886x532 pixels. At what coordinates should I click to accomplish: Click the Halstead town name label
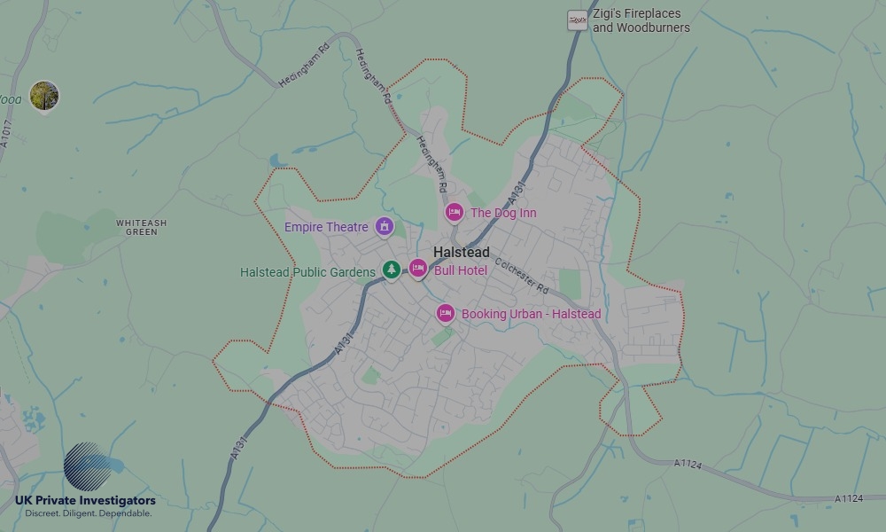[x=461, y=253]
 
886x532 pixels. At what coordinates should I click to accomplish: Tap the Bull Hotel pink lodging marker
[x=418, y=268]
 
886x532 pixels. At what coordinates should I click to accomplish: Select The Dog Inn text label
[x=502, y=213]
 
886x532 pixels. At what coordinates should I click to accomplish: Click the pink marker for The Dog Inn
[x=455, y=212]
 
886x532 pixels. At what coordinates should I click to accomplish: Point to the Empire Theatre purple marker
[x=385, y=227]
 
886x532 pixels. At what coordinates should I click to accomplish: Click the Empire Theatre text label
[x=326, y=228]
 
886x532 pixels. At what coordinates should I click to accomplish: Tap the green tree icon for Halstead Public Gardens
[x=392, y=269]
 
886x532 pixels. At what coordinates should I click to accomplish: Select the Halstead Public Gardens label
[x=307, y=272]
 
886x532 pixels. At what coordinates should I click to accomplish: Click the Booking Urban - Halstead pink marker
[x=446, y=313]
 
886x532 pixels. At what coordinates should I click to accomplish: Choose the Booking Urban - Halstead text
[x=531, y=314]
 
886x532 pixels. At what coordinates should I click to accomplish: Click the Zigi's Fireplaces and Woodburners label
[x=641, y=20]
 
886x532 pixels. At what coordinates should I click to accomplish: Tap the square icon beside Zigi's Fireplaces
[x=578, y=20]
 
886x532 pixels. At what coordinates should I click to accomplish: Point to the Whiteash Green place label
[x=141, y=227]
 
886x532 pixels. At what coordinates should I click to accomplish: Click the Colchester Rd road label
[x=523, y=276]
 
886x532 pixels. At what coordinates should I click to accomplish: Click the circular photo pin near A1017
[x=43, y=95]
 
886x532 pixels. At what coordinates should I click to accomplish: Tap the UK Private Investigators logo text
[x=85, y=502]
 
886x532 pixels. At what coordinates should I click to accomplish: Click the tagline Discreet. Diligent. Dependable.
[x=88, y=513]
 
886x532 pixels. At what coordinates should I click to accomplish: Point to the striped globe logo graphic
[x=91, y=469]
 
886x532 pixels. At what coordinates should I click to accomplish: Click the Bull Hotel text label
[x=460, y=270]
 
